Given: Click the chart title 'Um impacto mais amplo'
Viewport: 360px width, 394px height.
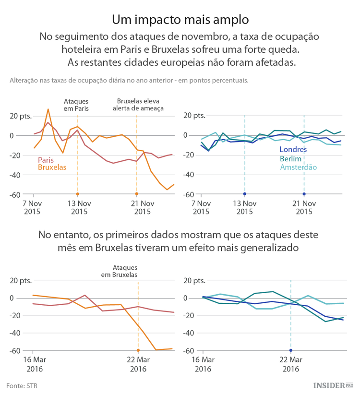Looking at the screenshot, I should pyautogui.click(x=180, y=20).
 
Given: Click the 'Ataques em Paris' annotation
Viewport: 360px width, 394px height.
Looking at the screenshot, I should pyautogui.click(x=77, y=105).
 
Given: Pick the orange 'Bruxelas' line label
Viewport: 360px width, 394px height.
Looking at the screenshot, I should pyautogui.click(x=52, y=167).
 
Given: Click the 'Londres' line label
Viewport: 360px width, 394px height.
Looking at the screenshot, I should pyautogui.click(x=293, y=150).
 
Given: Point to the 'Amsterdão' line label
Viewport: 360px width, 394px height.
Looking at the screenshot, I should pyautogui.click(x=298, y=167).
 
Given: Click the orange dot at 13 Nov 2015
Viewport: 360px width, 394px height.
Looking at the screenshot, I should pyautogui.click(x=77, y=194).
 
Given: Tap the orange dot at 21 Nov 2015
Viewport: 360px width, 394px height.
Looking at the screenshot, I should pyautogui.click(x=137, y=194).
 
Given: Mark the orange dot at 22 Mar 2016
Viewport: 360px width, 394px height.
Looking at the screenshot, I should pyautogui.click(x=138, y=350).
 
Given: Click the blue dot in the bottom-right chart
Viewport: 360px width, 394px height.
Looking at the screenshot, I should pyautogui.click(x=291, y=350).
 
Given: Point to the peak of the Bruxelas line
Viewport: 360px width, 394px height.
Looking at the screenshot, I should pyautogui.click(x=48, y=109).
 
